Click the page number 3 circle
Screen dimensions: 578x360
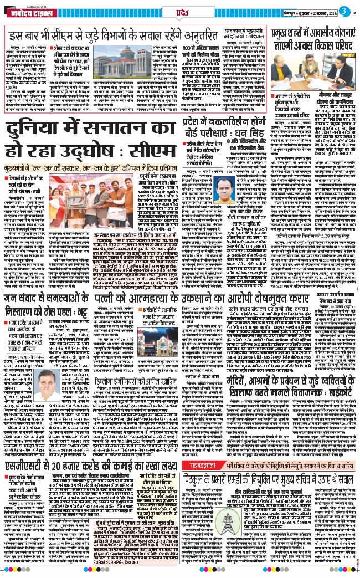[x=344, y=11]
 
